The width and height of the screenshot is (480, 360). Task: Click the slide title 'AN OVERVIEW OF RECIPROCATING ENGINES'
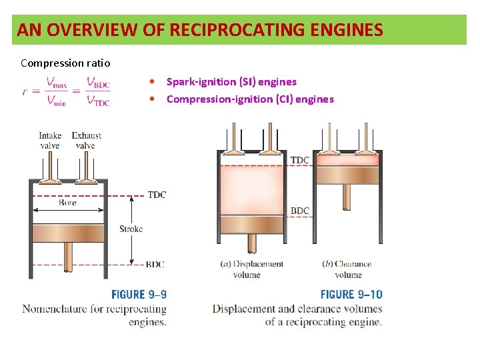pos(200,30)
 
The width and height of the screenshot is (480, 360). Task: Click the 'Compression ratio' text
pos(65,63)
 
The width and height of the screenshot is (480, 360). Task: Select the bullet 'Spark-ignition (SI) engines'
pos(231,82)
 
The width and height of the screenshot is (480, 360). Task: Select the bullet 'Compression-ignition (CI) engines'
pos(250,99)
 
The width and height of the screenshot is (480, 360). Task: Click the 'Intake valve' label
pos(50,141)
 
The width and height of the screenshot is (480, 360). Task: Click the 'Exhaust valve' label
pos(86,141)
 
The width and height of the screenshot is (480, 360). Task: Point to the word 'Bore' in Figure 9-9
pos(67,203)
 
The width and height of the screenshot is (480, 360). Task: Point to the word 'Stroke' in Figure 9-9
pos(131,229)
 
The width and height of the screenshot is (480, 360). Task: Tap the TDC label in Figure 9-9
pos(157,195)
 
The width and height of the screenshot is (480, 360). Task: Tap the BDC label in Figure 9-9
pos(155,265)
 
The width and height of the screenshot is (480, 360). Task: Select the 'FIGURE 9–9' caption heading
pos(139,294)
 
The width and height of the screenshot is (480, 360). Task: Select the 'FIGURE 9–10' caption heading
pos(351,294)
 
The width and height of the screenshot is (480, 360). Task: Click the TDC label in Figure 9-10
pos(300,160)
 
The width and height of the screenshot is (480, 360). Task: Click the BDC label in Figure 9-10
pos(300,211)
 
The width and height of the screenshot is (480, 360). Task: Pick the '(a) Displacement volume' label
pos(251,269)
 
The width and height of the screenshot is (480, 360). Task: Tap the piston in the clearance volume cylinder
pos(347,175)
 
